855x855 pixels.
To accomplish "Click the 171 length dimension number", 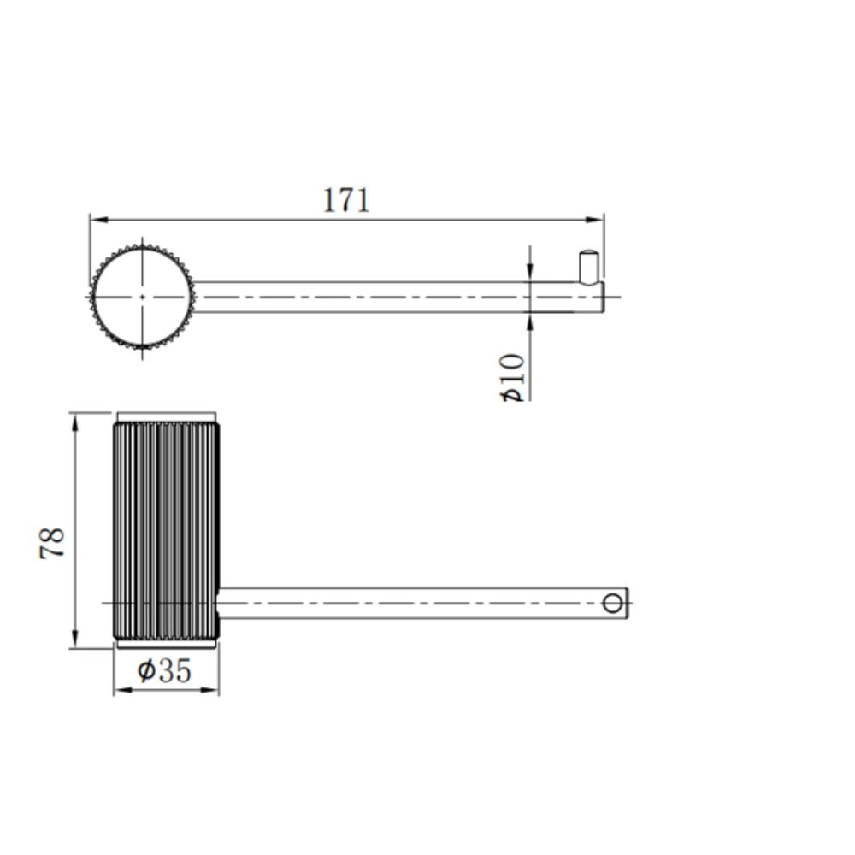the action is pyautogui.click(x=346, y=200).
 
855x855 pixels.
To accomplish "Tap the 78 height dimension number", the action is pyautogui.click(x=52, y=543).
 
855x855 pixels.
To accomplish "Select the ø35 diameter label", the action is pyautogui.click(x=164, y=670).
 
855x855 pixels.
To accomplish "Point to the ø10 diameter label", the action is pyautogui.click(x=513, y=377).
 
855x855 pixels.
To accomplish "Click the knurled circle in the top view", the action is pyautogui.click(x=142, y=298).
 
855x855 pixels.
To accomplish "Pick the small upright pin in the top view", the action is pyautogui.click(x=588, y=267).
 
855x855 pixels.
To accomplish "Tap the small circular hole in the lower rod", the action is pyautogui.click(x=612, y=604).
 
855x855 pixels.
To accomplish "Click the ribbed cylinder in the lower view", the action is pyautogui.click(x=167, y=530).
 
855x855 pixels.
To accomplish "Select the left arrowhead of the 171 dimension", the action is pyautogui.click(x=99, y=220).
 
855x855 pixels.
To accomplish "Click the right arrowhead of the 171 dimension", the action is pyautogui.click(x=594, y=220).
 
